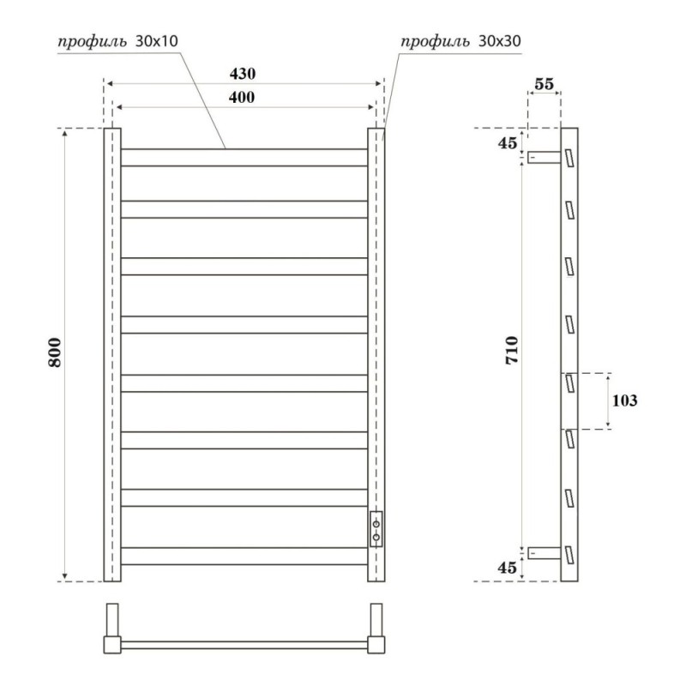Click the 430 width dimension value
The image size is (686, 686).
243,74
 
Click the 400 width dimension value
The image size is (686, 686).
242,97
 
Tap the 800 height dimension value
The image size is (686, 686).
55,352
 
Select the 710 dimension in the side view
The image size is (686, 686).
512,350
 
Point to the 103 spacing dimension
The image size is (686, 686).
624,400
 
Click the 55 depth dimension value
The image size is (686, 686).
545,83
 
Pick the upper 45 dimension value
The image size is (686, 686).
508,142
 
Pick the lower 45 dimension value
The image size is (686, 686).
507,568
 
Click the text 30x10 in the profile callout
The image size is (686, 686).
157,40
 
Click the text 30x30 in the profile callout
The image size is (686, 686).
500,40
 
